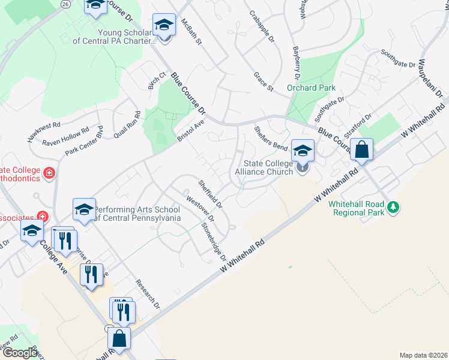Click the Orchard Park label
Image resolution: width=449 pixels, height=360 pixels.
pos(311,88)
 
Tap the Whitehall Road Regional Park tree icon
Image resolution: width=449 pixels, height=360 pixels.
pos(393,207)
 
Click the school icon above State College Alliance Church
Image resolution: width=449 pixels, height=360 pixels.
pos(303,150)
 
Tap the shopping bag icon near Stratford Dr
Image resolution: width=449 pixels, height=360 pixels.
pos(363,149)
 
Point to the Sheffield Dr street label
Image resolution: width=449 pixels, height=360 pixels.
pos(211,193)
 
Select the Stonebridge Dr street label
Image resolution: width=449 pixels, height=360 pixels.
pos(214,241)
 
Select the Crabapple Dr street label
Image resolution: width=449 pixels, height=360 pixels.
pos(262,28)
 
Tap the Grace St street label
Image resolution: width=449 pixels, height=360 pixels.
pos(264,82)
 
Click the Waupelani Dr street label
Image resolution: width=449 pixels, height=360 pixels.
pos(430,79)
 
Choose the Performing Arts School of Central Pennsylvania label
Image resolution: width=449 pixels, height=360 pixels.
pos(137,214)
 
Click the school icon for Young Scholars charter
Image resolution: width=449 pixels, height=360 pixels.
pos(164,25)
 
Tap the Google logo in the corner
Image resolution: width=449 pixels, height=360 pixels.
pos(19,353)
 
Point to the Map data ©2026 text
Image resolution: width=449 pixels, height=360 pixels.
pos(424,355)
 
